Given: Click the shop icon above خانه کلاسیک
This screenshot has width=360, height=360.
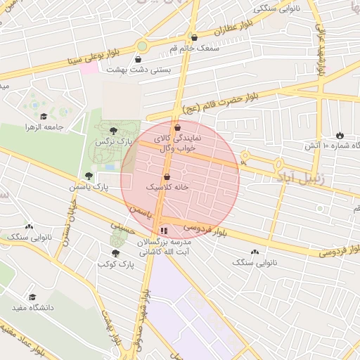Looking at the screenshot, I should click(x=167, y=176).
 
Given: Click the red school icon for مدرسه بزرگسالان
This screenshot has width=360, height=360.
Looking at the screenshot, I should click(x=164, y=230).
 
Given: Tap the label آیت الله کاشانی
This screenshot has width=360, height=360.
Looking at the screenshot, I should click(x=164, y=250).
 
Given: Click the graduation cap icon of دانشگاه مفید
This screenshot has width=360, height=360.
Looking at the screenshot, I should click(x=32, y=297).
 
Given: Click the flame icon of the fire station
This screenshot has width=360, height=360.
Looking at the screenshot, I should click(x=340, y=134).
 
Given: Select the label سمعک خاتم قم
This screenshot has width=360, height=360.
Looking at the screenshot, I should click(x=204, y=47).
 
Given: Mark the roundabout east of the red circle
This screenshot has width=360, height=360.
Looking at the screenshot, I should click(x=245, y=156).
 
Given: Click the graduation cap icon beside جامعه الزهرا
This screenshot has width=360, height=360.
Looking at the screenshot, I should click(x=44, y=116).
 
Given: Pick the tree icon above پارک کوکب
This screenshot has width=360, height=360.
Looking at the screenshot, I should click(x=115, y=253).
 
